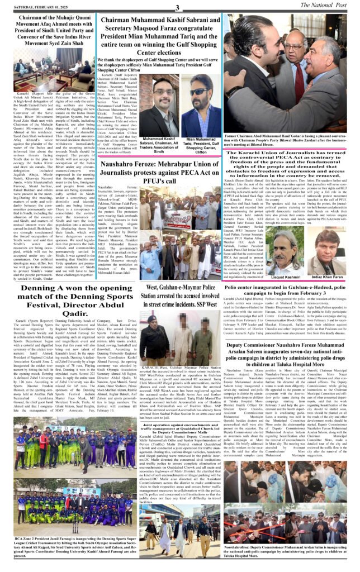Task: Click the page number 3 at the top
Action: pyautogui.click(x=178, y=7)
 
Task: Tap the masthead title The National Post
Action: pyautogui.click(x=327, y=6)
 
